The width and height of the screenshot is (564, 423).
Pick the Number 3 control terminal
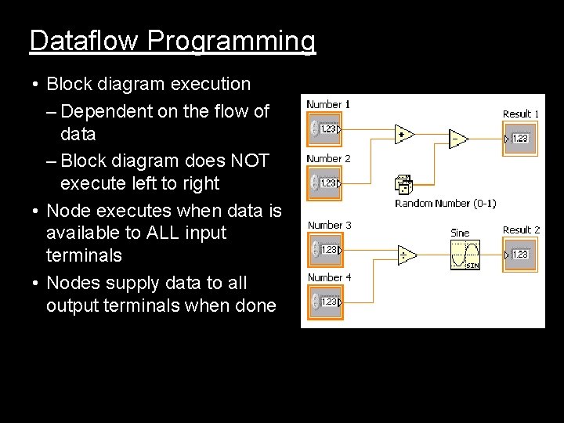point(327,250)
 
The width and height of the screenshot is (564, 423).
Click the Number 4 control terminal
point(327,302)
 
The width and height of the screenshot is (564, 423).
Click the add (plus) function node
point(404,135)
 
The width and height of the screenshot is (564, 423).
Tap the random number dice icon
point(404,185)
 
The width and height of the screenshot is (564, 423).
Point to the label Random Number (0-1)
point(445,204)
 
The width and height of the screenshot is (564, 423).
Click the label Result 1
point(521,114)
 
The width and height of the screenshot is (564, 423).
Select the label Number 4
point(329,278)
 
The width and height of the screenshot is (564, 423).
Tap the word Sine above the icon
point(460,233)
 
